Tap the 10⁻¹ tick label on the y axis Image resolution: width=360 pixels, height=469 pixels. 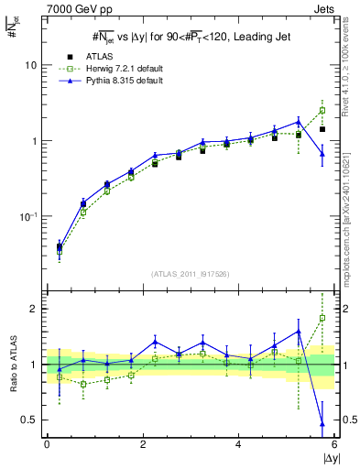(27, 216)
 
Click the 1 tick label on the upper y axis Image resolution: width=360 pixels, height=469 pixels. (35, 141)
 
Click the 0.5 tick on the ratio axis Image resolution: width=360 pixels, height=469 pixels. (28, 420)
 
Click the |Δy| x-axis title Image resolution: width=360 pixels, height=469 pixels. (326, 458)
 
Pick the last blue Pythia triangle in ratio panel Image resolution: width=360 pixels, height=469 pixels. (322, 424)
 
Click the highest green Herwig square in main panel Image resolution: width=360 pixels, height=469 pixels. (322, 110)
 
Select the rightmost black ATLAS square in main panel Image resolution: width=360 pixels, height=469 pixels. (322, 129)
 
